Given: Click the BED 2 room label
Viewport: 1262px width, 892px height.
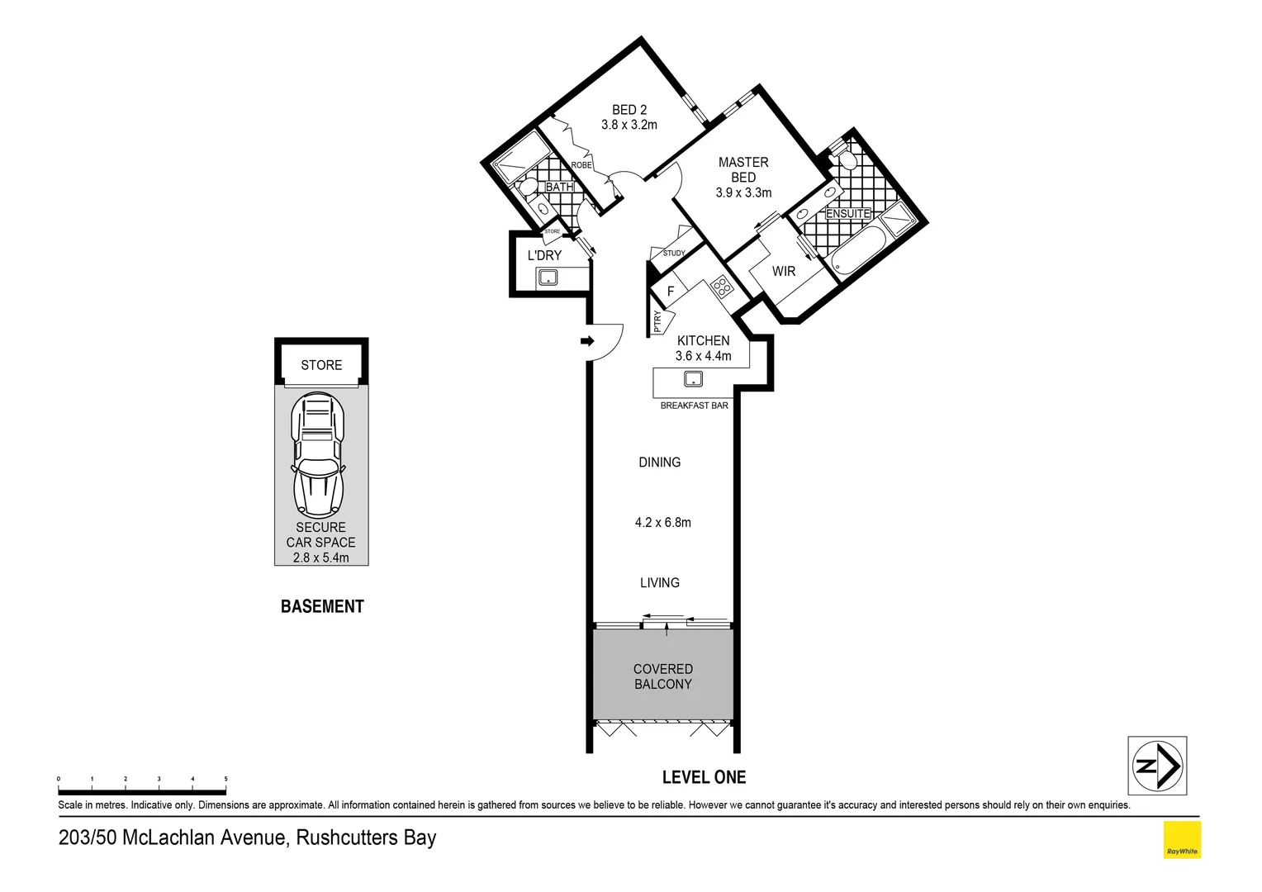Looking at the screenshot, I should [629, 110].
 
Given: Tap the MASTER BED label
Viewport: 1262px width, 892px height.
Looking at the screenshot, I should [743, 170].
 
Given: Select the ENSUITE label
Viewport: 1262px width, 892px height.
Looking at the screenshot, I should [847, 214].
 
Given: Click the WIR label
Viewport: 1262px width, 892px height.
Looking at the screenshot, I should [784, 272].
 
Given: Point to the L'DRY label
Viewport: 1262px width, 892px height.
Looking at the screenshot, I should [544, 256].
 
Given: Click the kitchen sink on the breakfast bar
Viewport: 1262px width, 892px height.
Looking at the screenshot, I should [693, 379].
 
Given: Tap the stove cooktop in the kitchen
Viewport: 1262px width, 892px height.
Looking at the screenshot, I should [721, 287].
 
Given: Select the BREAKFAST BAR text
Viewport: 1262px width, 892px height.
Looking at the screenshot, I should [694, 406].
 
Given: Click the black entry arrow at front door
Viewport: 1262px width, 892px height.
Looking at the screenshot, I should [587, 341].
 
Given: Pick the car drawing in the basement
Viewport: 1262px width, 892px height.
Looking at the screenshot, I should [319, 455].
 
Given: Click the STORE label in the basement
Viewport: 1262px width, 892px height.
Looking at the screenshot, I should [321, 365].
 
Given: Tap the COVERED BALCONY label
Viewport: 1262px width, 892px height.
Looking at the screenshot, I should [663, 676].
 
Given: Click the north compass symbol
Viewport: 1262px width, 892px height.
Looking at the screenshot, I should [1157, 766].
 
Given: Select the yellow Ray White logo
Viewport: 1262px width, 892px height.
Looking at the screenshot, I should [1182, 840].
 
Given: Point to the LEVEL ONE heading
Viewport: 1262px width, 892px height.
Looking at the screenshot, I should [704, 777].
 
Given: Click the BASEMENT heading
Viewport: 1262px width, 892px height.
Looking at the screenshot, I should [322, 607].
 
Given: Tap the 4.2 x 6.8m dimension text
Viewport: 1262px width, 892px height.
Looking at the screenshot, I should [663, 523].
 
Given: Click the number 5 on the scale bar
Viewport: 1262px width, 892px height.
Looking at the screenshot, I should [225, 779].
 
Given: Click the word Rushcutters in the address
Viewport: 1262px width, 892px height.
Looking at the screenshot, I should [347, 837].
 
